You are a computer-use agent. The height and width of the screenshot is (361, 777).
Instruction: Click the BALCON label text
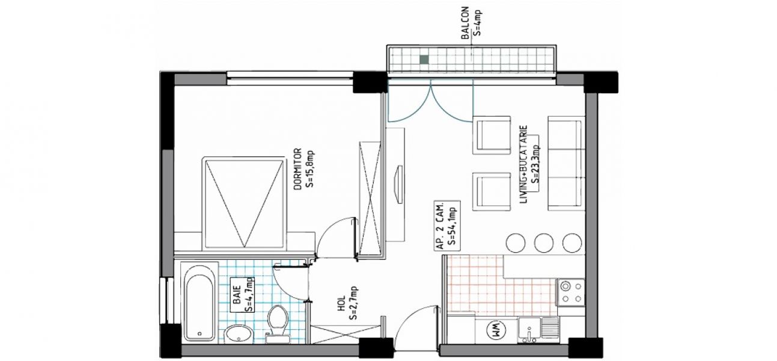point(465,23)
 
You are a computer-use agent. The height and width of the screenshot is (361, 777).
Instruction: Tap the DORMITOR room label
point(297,169)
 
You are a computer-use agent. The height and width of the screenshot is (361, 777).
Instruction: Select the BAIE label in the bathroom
point(237,295)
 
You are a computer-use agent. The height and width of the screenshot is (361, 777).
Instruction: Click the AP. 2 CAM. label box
point(447,226)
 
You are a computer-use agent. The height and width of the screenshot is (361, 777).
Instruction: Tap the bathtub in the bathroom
point(200,301)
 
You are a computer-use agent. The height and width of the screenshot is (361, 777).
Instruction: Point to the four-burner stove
point(571,292)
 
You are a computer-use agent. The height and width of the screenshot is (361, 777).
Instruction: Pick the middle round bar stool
point(544,242)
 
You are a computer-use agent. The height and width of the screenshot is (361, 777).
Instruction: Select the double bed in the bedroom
point(244,203)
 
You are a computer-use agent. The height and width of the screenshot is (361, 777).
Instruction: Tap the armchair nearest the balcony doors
point(492,135)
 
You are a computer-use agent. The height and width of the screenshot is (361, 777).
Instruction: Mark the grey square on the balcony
point(424,60)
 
